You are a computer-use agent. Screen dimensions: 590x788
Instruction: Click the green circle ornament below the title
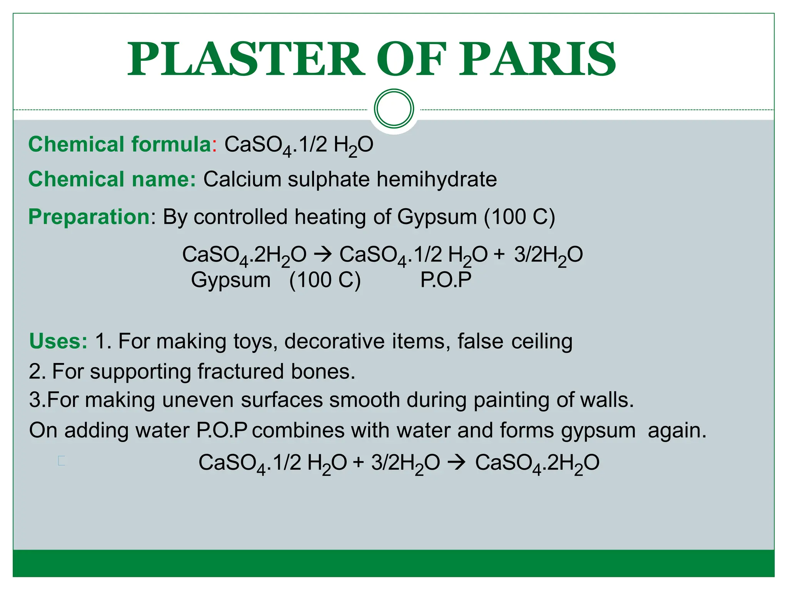(394, 109)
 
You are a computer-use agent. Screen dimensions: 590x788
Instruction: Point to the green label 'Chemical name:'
(112, 179)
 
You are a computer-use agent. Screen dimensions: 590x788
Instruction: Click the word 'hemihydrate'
(436, 179)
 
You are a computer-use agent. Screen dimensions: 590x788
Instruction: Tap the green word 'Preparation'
(89, 217)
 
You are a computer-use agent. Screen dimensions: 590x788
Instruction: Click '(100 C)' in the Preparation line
(519, 217)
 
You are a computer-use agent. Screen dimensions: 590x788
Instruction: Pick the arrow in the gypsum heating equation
(322, 255)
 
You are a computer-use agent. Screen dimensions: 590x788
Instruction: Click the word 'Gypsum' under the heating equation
(231, 280)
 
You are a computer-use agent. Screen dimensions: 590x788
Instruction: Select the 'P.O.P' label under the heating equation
(446, 280)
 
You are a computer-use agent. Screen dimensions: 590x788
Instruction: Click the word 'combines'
(298, 430)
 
